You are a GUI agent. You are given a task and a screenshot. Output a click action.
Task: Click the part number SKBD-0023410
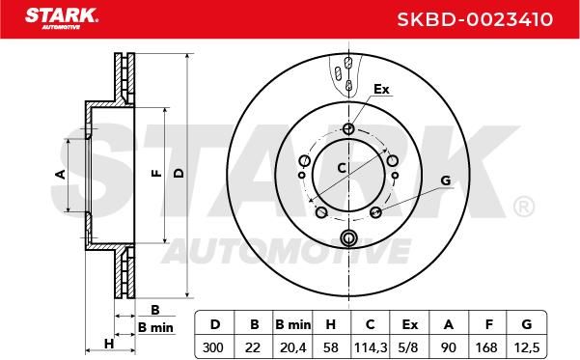(x=475, y=19)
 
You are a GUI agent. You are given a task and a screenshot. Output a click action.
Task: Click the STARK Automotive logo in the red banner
(x=62, y=18)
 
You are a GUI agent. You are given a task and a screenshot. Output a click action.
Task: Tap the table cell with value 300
(x=213, y=347)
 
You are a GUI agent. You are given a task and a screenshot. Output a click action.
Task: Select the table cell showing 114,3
(x=371, y=347)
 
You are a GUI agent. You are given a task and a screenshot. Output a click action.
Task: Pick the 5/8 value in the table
(x=409, y=347)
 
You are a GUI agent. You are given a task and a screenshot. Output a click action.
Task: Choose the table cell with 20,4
(x=293, y=347)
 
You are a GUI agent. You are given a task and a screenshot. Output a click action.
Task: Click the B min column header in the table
(x=293, y=324)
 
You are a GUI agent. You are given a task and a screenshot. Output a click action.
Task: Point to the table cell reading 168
(x=486, y=347)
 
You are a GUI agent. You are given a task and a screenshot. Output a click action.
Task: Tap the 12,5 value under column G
(x=527, y=347)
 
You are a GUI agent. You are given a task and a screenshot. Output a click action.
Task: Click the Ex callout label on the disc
(x=381, y=89)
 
